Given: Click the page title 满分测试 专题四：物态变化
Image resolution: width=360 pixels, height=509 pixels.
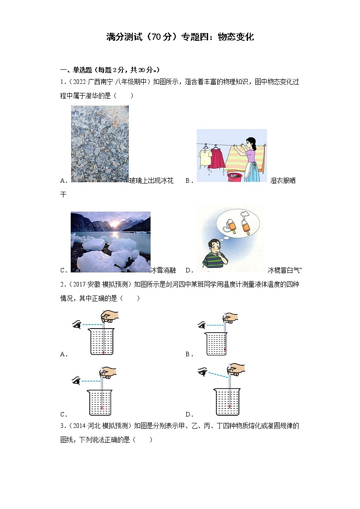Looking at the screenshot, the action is tap(180, 37).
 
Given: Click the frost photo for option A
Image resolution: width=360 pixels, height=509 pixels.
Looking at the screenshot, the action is tap(100, 144).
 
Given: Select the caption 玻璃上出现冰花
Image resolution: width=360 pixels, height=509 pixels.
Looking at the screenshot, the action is tap(151, 180).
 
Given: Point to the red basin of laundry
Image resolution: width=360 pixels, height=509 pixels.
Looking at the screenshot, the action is tap(236, 177).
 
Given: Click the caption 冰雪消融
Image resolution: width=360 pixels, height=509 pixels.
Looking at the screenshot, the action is tap(163, 270).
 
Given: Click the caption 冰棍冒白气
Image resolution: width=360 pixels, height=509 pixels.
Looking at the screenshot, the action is tap(284, 270).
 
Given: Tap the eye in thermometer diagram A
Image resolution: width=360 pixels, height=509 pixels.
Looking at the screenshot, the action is tap(77, 324).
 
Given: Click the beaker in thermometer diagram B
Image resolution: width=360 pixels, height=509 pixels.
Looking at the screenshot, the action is tap(216, 344).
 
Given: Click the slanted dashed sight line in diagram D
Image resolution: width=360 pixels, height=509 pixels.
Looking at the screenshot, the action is tap(218, 374).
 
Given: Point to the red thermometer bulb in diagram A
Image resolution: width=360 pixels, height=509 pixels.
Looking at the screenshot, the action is tap(103, 352).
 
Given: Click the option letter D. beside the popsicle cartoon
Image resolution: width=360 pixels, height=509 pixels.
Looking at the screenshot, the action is tap(189, 270).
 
